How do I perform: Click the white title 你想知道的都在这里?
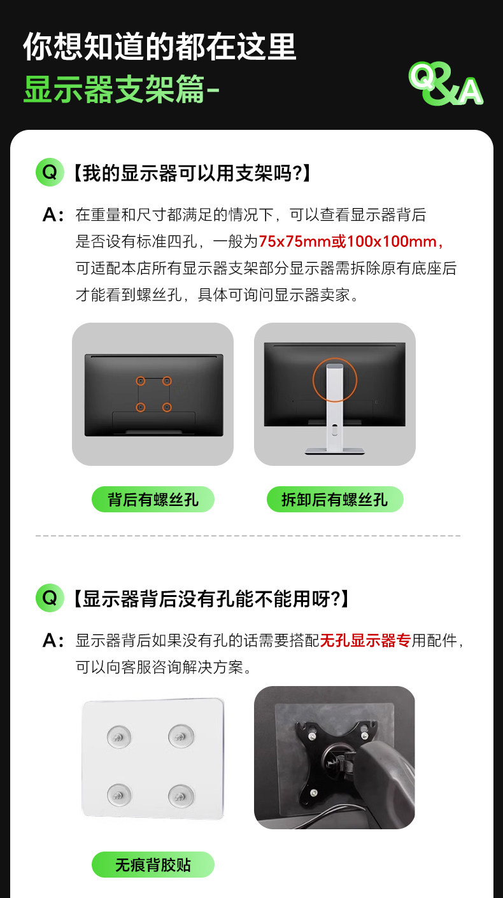click(160, 46)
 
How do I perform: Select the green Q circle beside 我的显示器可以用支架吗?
click(50, 172)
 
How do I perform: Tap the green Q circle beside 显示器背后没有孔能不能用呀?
click(50, 598)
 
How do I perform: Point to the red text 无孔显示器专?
click(365, 640)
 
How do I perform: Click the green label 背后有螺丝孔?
click(153, 499)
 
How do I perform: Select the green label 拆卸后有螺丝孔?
click(335, 499)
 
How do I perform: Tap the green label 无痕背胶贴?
click(153, 865)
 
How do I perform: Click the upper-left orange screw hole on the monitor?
click(140, 381)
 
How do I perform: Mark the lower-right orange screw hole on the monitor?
click(167, 407)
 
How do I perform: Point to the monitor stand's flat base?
click(334, 451)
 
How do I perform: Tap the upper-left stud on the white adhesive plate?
click(118, 737)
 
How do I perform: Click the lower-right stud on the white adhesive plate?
click(181, 796)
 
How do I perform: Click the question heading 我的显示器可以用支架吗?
click(192, 173)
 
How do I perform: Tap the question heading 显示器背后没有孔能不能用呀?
click(211, 598)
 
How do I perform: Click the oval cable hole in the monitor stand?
click(335, 431)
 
